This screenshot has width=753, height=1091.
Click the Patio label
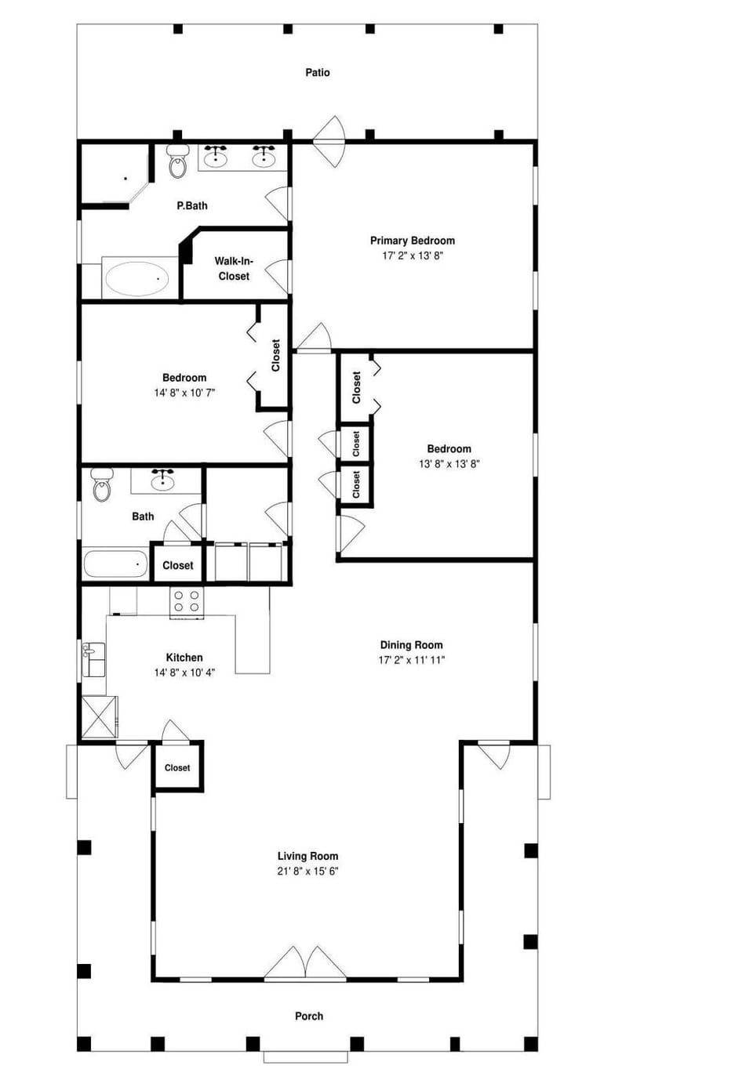[x=318, y=73]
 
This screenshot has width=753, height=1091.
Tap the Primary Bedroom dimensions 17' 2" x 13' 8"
[x=412, y=256]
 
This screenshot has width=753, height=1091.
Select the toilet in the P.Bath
[x=177, y=161]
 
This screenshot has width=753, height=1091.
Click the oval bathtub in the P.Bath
[x=137, y=278]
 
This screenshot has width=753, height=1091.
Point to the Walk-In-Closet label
[x=234, y=268]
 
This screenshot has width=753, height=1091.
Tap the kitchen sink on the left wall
[x=93, y=659]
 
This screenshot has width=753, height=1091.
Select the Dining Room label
[x=411, y=645]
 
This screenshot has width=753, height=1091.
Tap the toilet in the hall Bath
[x=102, y=484]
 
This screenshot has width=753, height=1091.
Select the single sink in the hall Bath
[x=163, y=480]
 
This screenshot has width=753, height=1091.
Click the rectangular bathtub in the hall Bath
[x=115, y=564]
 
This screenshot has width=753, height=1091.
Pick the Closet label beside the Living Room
[x=177, y=767]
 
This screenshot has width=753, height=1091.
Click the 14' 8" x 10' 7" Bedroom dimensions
[x=184, y=393]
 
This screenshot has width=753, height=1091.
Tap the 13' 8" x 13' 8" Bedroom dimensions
[x=449, y=464]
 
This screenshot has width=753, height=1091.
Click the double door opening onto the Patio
[x=329, y=141]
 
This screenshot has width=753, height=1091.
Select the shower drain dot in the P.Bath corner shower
[x=125, y=179]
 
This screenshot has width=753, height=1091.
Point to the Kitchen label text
[x=184, y=658]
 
